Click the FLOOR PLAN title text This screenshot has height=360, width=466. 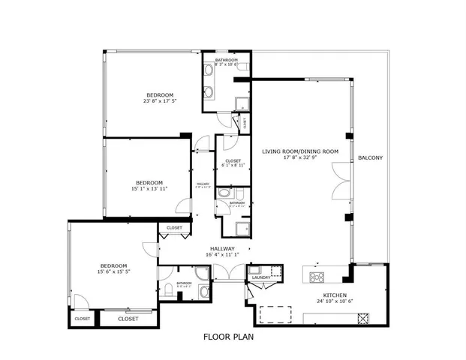pos(229,337)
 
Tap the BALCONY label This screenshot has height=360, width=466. pos(370,157)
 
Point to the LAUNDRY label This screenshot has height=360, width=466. pos(261,277)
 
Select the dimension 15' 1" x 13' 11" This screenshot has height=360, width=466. pos(149,189)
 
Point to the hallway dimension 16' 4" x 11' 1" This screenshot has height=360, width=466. pos(222,255)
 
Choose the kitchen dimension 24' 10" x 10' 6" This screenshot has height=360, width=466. pos(334,302)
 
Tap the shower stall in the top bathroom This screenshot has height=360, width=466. pos(242,104)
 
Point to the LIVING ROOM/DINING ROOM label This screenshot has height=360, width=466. pos(300,151)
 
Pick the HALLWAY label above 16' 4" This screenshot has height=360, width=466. pos(222,249)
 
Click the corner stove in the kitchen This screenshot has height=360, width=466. pos(364,317)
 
